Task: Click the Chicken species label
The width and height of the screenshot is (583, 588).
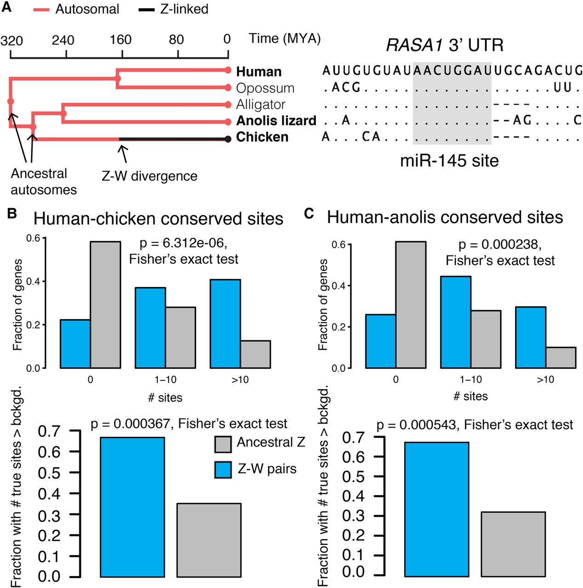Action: tap(262, 137)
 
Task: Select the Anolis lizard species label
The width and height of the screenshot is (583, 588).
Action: tap(276, 121)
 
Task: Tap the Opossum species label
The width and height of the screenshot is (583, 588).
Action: tap(265, 88)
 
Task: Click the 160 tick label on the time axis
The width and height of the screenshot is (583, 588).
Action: tap(120, 40)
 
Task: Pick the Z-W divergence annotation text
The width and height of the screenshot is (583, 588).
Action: tap(149, 176)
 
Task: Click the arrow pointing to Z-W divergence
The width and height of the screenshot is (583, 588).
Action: tap(123, 154)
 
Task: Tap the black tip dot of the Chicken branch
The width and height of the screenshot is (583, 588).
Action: tap(228, 139)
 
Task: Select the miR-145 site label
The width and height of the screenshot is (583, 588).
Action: tap(449, 161)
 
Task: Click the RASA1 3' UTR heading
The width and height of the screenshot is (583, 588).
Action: tap(445, 45)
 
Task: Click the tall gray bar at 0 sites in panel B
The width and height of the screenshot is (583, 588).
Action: tap(105, 305)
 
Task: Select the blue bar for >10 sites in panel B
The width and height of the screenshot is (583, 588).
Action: tap(225, 324)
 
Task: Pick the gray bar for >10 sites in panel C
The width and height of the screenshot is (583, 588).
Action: tap(560, 357)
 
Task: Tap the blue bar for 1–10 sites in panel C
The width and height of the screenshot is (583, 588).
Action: tap(456, 322)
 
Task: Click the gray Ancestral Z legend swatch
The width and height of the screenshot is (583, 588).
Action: tap(223, 444)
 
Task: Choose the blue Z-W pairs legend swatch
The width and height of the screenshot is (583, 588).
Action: tap(223, 470)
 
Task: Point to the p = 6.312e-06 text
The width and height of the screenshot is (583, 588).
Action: tap(183, 243)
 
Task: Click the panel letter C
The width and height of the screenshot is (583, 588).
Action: tap(309, 214)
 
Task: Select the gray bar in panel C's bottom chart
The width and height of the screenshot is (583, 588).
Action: tap(513, 544)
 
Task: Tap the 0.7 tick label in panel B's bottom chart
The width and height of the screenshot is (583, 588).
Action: tap(50, 431)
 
